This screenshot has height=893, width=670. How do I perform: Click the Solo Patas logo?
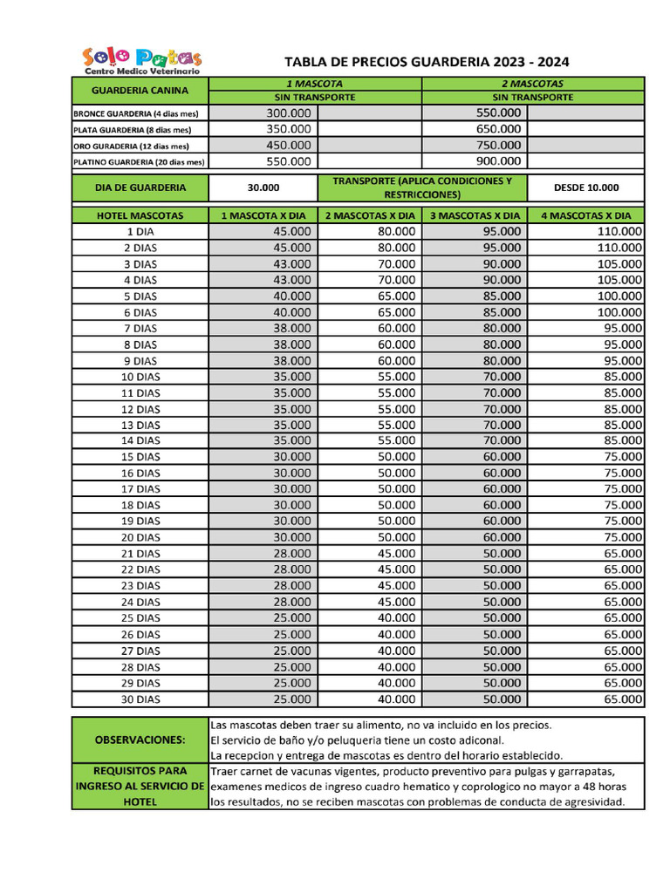point(141,61)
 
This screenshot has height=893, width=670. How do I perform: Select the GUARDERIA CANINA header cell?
point(140,90)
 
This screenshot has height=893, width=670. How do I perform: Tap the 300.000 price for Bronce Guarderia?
point(289,112)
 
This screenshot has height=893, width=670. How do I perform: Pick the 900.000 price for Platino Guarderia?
point(500,161)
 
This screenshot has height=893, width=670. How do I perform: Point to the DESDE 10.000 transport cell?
point(586,187)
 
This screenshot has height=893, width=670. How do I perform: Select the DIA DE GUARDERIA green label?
point(140,187)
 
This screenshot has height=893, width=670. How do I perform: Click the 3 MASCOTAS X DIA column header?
point(475,215)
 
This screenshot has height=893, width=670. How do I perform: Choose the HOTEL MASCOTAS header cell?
point(140,215)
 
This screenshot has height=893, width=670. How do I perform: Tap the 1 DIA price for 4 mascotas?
point(620,232)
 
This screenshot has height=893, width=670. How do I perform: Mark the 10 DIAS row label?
point(140,377)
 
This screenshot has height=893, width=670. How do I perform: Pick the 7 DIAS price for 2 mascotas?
point(396,329)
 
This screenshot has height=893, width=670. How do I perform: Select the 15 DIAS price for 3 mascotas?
point(502,457)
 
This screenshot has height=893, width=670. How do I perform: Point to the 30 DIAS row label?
point(140,699)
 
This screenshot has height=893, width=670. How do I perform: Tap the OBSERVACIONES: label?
point(140,740)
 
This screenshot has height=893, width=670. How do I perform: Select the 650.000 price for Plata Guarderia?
point(500,129)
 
